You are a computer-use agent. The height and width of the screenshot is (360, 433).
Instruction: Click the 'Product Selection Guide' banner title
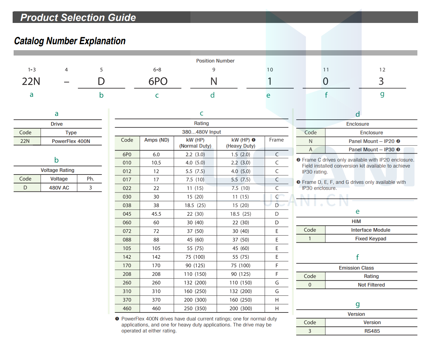click(78, 18)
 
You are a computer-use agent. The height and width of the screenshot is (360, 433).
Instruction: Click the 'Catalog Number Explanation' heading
click(70, 41)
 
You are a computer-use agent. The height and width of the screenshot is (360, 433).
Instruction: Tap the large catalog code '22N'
click(31, 81)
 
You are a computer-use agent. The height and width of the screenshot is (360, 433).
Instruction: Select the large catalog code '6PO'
click(158, 81)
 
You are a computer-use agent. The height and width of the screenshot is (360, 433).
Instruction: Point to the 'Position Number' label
click(215, 61)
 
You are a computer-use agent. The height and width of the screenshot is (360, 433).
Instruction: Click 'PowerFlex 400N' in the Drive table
click(71, 141)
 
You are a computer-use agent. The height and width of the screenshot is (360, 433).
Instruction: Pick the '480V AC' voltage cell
click(59, 188)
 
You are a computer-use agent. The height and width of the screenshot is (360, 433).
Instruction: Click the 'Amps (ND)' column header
click(157, 140)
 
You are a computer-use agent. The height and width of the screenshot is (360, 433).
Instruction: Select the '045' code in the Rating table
click(127, 214)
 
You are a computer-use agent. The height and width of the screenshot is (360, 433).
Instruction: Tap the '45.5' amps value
click(156, 214)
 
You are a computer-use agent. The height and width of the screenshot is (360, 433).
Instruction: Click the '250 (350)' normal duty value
click(195, 308)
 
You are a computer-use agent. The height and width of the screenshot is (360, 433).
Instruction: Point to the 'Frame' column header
click(276, 140)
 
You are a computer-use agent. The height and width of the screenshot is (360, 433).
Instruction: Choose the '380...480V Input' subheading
click(201, 132)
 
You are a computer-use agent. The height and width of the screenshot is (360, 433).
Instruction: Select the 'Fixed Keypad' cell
click(371, 239)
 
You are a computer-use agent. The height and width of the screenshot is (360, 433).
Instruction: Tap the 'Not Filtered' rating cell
click(371, 285)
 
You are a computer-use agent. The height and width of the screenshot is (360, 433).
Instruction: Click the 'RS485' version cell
click(372, 331)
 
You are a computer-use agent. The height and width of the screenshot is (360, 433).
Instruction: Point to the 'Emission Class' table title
click(356, 268)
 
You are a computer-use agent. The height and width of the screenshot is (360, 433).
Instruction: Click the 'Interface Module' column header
click(371, 230)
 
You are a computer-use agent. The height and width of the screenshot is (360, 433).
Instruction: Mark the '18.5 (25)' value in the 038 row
click(195, 205)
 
